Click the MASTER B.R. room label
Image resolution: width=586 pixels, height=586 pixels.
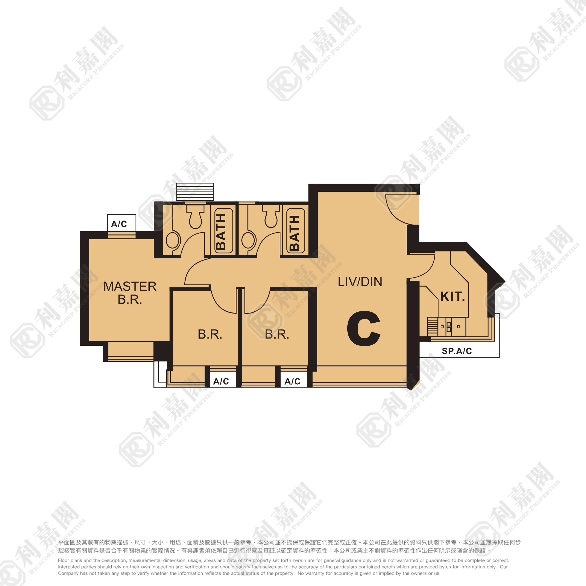point(130,293)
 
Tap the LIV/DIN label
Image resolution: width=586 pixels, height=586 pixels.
point(360,282)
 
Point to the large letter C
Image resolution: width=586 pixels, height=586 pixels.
point(364,328)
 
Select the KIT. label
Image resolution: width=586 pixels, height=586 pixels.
point(453,297)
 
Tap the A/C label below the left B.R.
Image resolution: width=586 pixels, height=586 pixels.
point(221,381)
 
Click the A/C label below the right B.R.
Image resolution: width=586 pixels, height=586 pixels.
point(292,381)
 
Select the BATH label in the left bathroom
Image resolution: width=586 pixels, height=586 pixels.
point(221,231)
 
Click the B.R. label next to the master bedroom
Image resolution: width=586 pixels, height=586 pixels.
point(210,334)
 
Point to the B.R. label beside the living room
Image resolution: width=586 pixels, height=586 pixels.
point(277,334)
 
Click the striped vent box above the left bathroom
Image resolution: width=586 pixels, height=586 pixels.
point(195,192)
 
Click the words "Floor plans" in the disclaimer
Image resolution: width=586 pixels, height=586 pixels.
point(69,560)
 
